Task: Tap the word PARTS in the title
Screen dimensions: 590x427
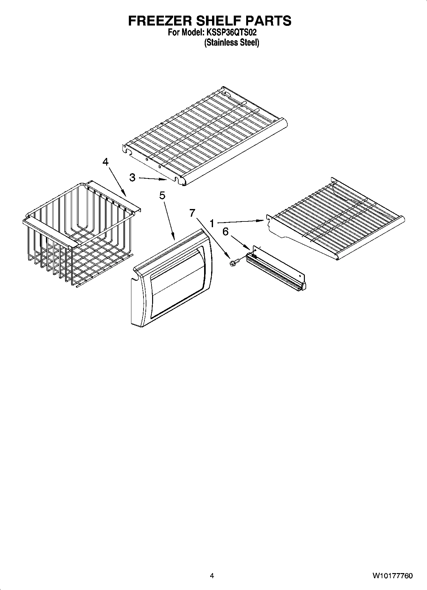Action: tap(270, 21)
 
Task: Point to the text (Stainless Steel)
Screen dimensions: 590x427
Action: tap(232, 42)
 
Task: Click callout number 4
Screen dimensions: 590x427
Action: tap(105, 162)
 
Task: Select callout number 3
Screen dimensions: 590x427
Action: tap(133, 178)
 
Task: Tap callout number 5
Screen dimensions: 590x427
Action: tap(162, 195)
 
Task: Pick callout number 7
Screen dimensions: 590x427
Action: tap(192, 213)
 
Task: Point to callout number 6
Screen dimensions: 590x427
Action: tap(225, 232)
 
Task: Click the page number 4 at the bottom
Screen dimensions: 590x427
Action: tap(212, 576)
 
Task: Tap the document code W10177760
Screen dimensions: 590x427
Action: tap(392, 576)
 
